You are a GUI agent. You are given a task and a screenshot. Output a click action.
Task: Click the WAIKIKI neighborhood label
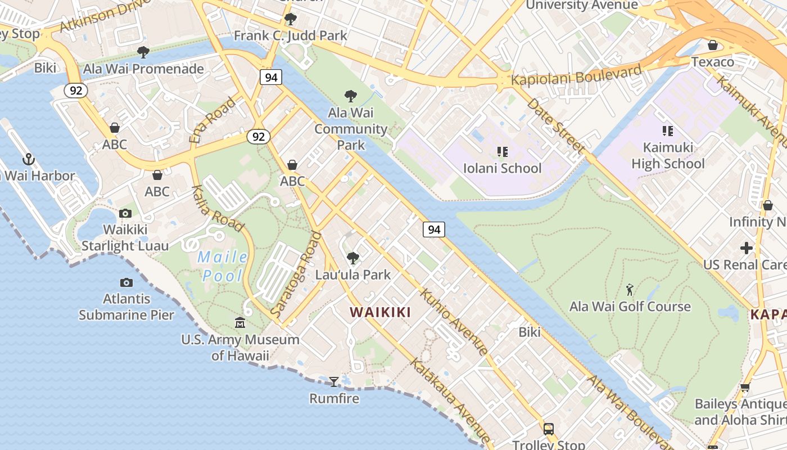click(380, 312)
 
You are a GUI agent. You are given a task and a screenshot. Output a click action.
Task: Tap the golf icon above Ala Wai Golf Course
click(630, 290)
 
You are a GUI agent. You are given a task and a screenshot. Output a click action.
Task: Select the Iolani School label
click(502, 168)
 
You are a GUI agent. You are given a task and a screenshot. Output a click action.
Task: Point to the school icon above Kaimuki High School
click(667, 132)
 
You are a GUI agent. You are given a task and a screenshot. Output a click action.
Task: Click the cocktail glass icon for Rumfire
click(334, 382)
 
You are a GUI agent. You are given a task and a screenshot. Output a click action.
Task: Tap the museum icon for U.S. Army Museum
click(240, 323)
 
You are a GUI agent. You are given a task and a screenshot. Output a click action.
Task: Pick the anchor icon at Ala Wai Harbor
click(28, 159)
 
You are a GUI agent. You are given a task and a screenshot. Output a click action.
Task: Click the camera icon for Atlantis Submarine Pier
click(126, 282)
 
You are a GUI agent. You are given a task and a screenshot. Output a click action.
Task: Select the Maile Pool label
click(223, 267)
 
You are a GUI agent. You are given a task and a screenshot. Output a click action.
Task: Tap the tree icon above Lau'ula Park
click(352, 258)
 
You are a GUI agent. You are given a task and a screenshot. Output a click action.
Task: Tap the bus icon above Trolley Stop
click(548, 429)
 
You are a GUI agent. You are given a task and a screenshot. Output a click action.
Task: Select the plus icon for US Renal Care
click(746, 247)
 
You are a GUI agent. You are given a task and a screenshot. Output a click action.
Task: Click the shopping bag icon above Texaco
click(712, 45)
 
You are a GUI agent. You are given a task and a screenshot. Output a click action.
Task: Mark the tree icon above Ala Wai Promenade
click(143, 52)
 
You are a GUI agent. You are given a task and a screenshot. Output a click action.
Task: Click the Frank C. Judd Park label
click(291, 36)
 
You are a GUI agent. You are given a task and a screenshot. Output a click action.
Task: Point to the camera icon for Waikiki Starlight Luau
click(125, 213)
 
